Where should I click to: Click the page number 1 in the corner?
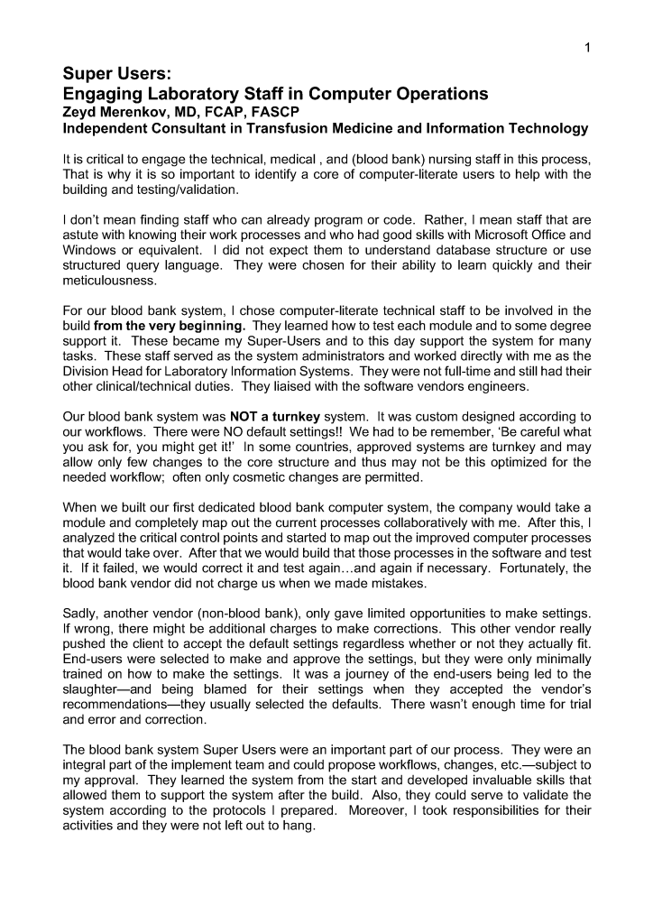(587, 49)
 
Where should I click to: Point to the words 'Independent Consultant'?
(138, 128)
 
